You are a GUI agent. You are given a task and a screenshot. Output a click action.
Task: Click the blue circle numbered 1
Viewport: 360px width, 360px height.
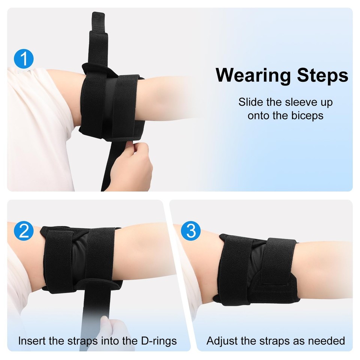24,59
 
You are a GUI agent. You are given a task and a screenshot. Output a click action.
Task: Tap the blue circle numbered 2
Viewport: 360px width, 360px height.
24,231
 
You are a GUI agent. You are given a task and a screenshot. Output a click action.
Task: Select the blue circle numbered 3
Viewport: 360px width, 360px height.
191,231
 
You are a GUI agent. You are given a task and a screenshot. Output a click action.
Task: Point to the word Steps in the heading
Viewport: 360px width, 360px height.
322,75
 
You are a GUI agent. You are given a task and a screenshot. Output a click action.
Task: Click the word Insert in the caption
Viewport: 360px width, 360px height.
31,341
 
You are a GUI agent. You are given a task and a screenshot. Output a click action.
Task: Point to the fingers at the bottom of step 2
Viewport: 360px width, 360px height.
112,330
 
